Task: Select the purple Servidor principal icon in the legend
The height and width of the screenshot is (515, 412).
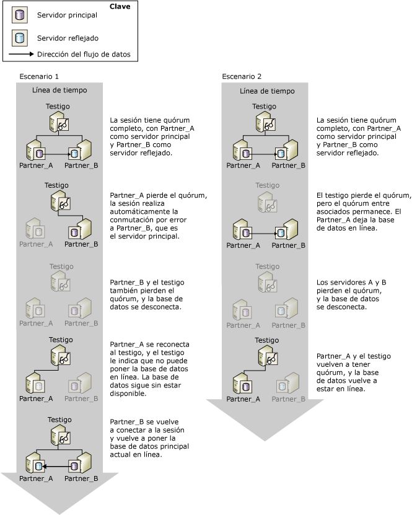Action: (18, 15)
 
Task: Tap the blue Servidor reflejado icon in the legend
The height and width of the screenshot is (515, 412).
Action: (18, 37)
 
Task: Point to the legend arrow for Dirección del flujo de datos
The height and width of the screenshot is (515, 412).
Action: (22, 55)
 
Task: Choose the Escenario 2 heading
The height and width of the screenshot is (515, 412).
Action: (242, 77)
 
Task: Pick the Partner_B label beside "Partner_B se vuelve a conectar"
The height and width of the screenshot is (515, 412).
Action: (81, 478)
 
